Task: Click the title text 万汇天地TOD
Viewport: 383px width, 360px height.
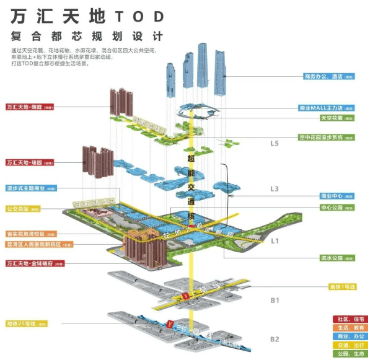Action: pyautogui.click(x=87, y=15)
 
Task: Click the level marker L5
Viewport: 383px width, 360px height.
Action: pyautogui.click(x=275, y=144)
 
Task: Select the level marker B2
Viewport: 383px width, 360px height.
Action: pyautogui.click(x=275, y=339)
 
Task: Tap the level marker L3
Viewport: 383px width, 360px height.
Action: pyautogui.click(x=275, y=188)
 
